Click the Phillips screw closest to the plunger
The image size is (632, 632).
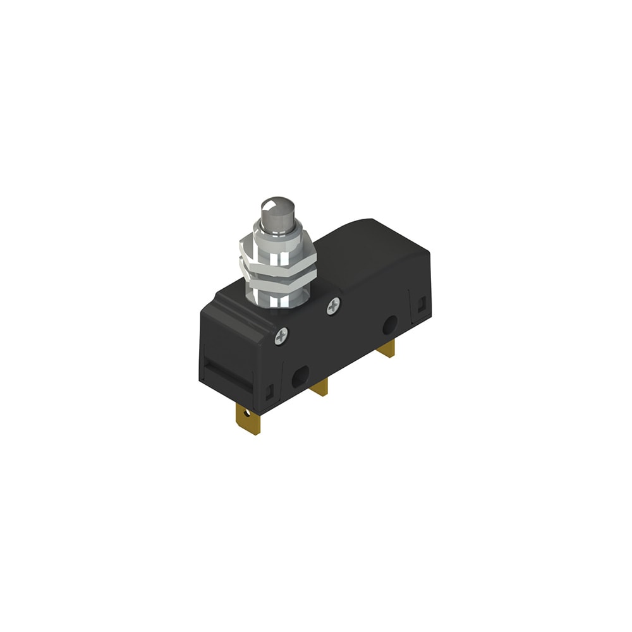[333, 307]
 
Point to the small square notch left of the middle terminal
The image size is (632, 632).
[271, 394]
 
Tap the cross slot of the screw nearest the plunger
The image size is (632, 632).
[333, 307]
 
